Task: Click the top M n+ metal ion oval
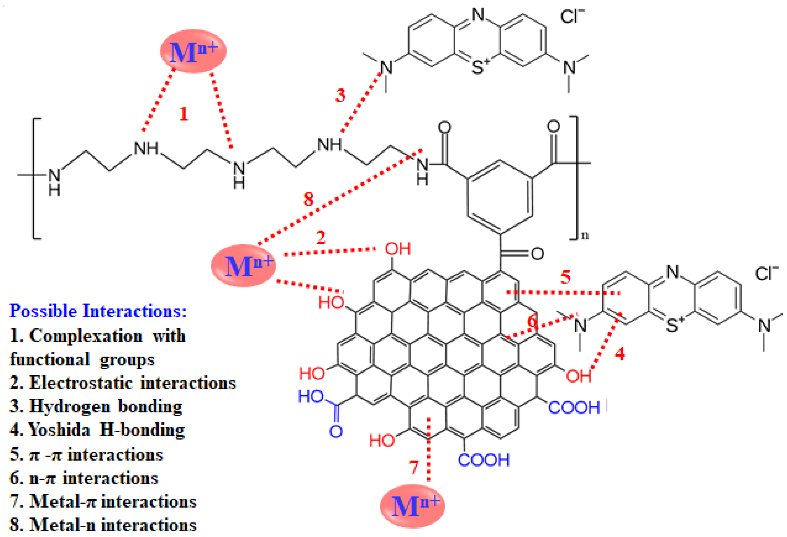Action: tap(193, 51)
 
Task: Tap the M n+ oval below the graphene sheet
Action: tap(412, 506)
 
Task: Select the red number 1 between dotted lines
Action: tap(183, 114)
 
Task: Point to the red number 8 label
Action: tap(308, 199)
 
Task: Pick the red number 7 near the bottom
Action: tap(414, 468)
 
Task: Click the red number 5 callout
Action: tap(566, 277)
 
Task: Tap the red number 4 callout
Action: tap(619, 354)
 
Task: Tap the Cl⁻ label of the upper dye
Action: tap(572, 16)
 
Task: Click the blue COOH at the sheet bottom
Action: tap(484, 460)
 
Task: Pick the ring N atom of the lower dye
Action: tap(673, 272)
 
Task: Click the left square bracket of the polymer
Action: tap(36, 179)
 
